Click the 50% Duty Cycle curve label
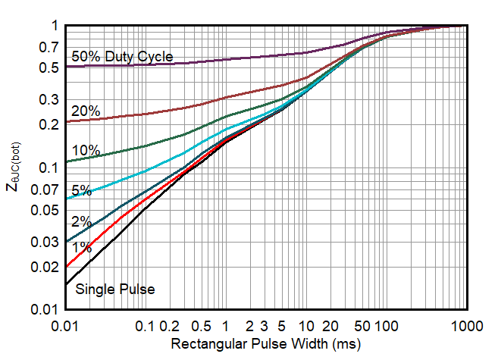click(122, 56)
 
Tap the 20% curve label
click(86, 111)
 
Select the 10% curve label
click(86, 150)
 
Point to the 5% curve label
click(82, 190)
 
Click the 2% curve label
click(82, 221)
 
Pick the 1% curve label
click(82, 247)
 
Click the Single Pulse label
click(115, 289)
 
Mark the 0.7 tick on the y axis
click(49, 48)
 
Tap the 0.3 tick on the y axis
click(49, 99)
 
